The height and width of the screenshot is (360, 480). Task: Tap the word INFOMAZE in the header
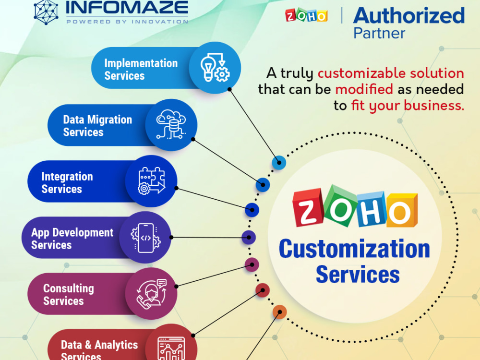coord(127,7)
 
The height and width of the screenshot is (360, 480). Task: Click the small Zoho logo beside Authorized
coord(306,15)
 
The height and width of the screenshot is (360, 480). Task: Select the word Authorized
coord(409,15)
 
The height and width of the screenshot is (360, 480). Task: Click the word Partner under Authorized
coord(379,33)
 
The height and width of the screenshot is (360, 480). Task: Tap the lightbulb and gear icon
coord(215,68)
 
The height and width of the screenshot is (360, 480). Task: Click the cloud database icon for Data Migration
coord(171,124)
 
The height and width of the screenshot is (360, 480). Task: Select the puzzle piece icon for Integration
coord(152,181)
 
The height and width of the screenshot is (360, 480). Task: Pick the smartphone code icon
coord(146,238)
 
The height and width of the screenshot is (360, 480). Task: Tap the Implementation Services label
coord(141,69)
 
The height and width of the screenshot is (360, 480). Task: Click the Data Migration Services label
coord(97,125)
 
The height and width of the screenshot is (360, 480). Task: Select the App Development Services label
coord(72,239)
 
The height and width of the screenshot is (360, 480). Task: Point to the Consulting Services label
coord(69,294)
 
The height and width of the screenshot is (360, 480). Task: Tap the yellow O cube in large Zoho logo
coord(402,211)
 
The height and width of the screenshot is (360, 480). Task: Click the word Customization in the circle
coord(355,249)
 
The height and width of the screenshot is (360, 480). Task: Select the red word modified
coord(364,89)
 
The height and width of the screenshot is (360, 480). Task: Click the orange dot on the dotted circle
coord(279,312)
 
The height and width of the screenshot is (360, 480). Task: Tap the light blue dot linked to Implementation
coord(279,162)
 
